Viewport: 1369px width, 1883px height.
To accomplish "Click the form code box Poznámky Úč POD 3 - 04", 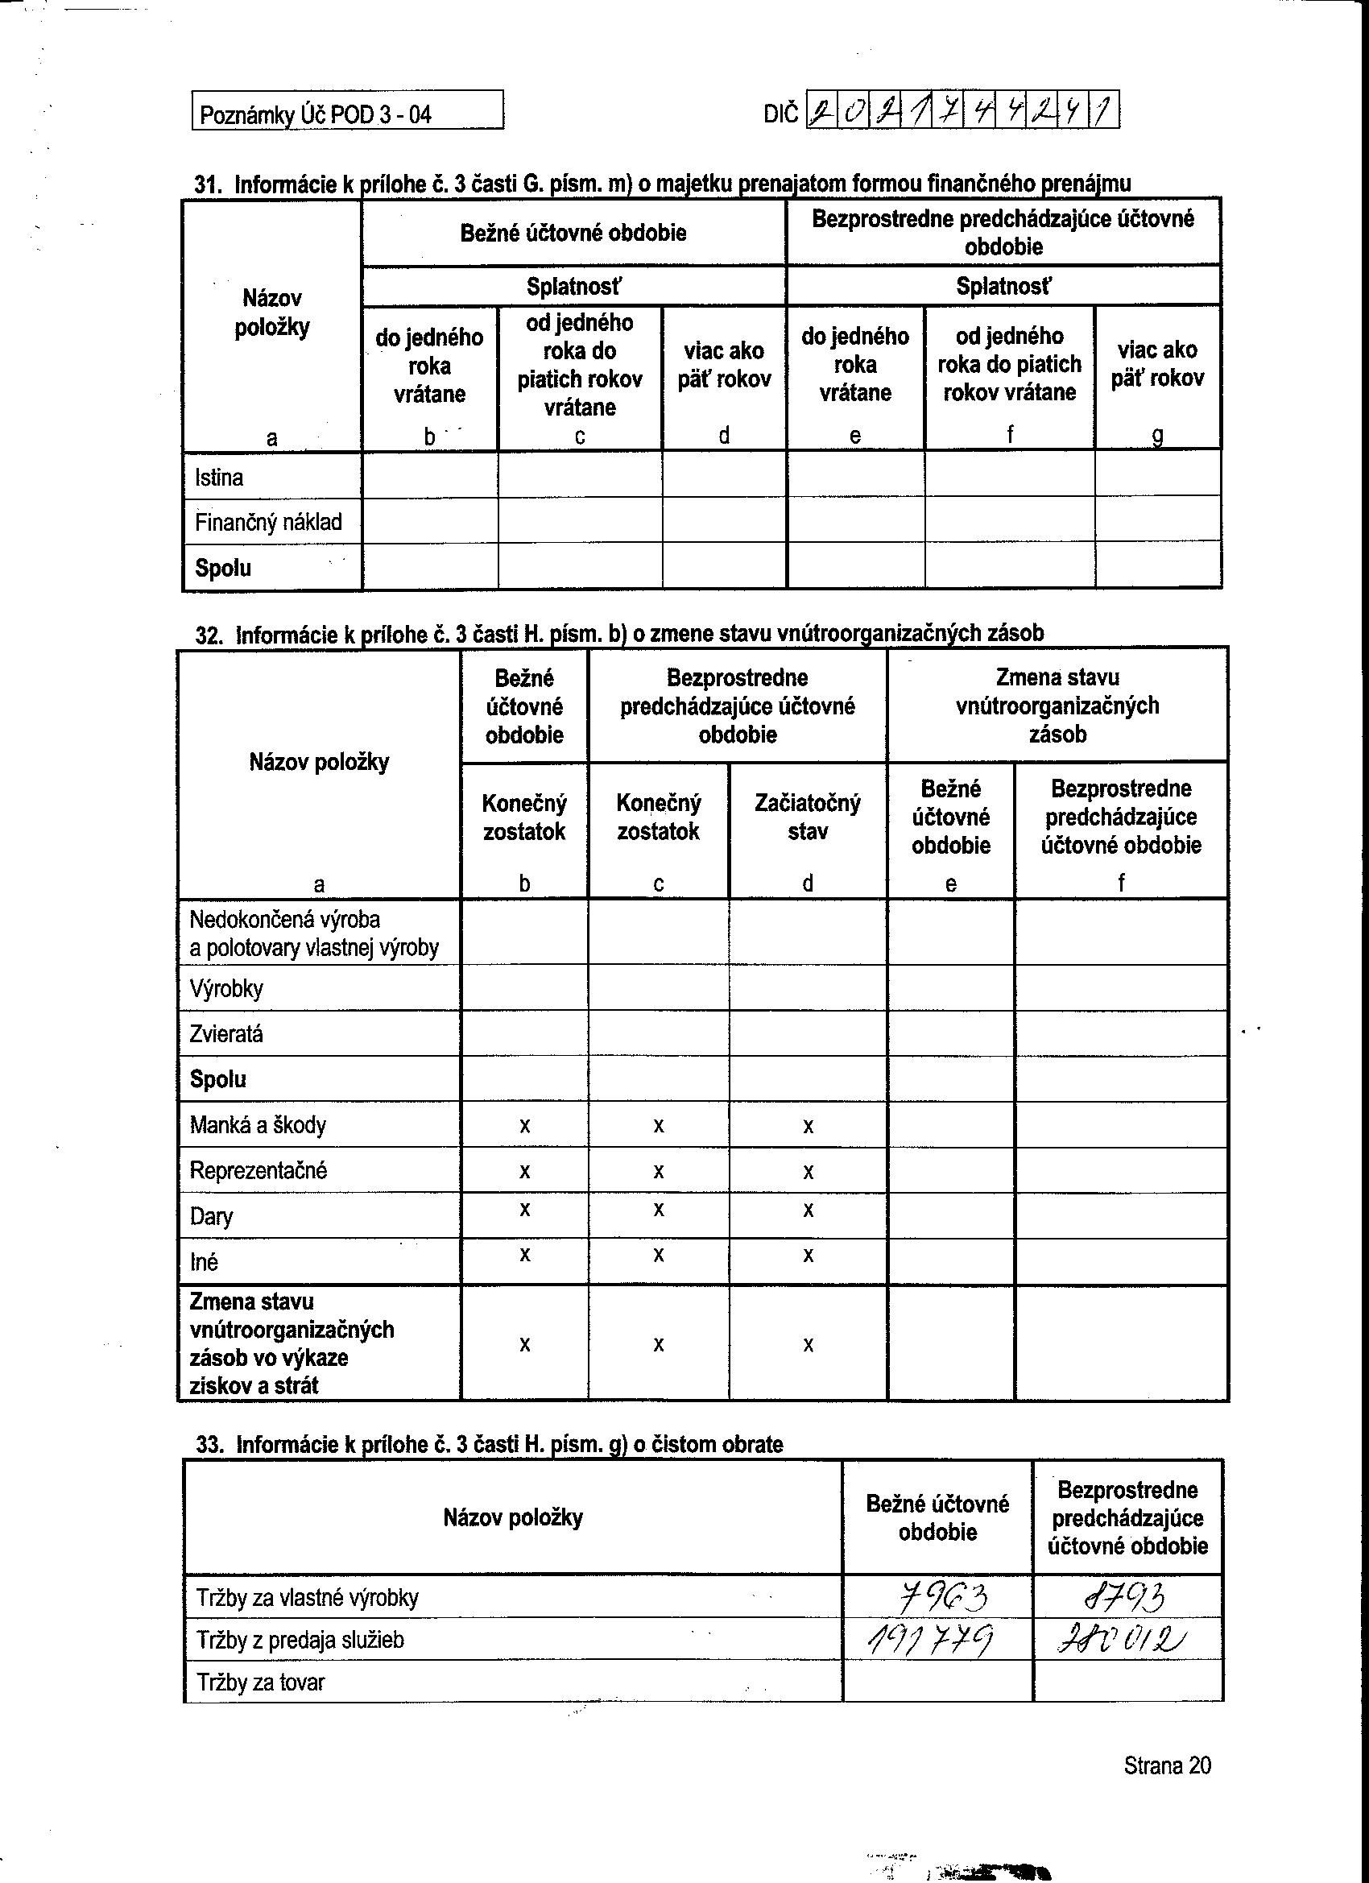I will (x=347, y=111).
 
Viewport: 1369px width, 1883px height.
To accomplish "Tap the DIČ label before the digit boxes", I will (x=780, y=113).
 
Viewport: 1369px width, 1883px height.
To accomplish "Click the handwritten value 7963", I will (x=938, y=1595).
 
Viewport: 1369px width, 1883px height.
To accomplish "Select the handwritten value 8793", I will (x=1127, y=1595).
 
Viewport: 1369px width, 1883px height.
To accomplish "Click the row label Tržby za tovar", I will (x=260, y=1683).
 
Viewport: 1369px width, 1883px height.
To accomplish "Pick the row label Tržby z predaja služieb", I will (x=300, y=1640).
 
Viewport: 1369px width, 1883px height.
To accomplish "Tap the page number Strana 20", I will (x=1166, y=1765).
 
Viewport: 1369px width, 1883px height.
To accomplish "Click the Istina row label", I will (x=219, y=478).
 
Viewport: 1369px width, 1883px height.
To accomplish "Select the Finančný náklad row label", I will (x=268, y=522).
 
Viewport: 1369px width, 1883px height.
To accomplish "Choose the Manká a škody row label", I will (x=258, y=1125).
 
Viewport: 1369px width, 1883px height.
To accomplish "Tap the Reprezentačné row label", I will (x=258, y=1171).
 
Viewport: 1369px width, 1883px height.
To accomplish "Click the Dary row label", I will (x=211, y=1216).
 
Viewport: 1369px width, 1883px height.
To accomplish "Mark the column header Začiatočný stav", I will (x=807, y=817).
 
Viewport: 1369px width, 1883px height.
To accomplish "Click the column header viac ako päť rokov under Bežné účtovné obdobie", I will (x=724, y=365).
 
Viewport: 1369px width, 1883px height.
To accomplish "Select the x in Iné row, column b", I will (x=525, y=1255).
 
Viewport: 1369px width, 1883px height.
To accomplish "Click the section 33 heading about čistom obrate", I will (x=490, y=1445).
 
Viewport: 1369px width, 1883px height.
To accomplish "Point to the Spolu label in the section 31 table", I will (x=222, y=569).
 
